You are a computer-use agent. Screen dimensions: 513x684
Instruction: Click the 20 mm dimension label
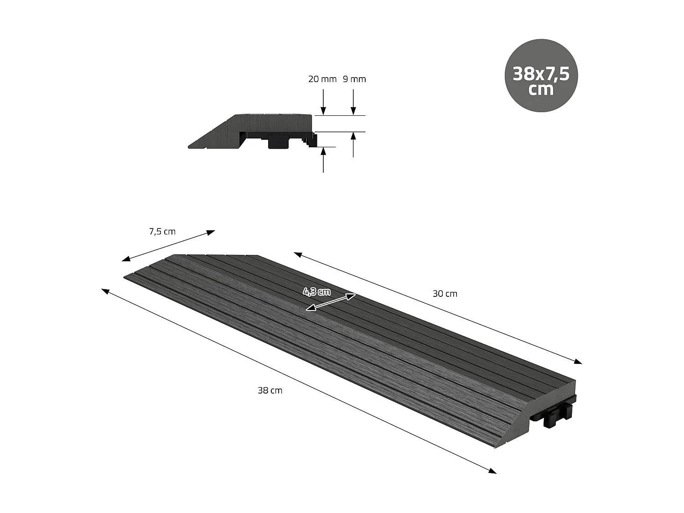pos(322,79)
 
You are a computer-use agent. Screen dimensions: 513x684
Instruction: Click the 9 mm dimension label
pos(354,79)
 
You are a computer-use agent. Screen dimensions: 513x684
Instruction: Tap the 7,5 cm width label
pos(162,232)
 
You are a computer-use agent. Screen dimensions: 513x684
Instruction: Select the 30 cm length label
pos(445,294)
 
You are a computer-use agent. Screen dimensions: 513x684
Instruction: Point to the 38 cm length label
pos(270,390)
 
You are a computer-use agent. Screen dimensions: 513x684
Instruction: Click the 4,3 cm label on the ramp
pos(316,291)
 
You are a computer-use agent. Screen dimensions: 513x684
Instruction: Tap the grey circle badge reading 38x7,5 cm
pos(541,76)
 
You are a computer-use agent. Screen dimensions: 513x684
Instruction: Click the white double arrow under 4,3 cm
pos(331,302)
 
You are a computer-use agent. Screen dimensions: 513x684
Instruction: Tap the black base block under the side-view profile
pos(278,142)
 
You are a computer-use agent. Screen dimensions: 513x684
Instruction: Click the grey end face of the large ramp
pos(529,406)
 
